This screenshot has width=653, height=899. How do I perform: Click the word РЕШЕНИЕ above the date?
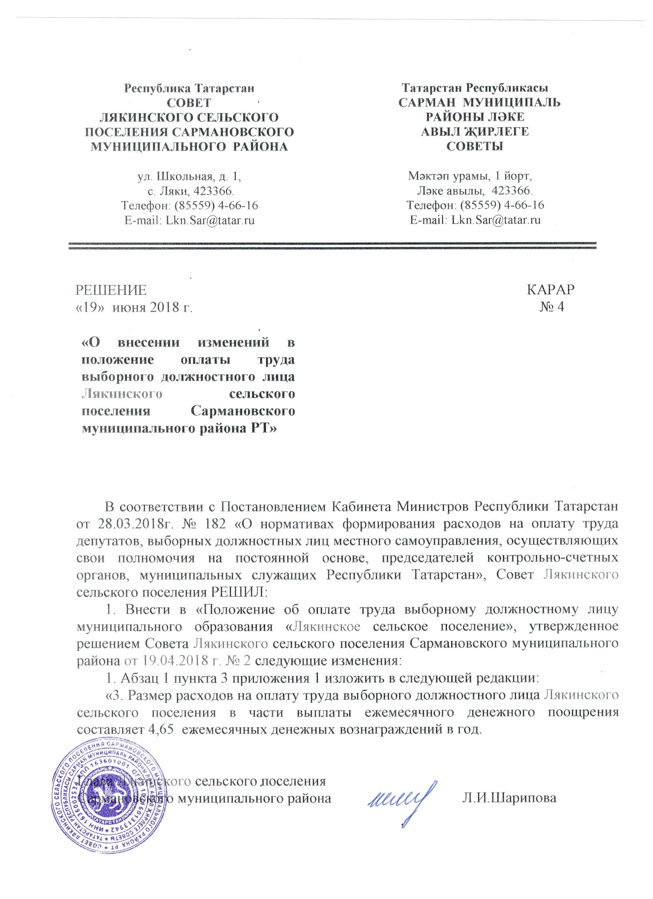111,290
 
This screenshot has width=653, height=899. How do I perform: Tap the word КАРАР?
551,290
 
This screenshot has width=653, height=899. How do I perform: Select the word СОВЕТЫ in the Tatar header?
475,146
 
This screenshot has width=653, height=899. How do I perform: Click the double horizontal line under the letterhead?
332,245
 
